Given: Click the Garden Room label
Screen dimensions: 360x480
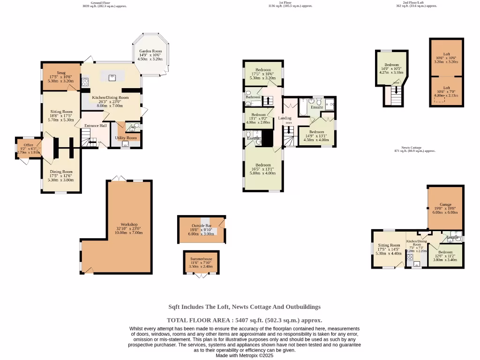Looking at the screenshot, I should (150, 51).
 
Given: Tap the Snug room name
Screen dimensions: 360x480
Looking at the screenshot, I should (61, 73).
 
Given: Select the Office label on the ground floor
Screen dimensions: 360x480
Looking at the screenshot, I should (29, 145).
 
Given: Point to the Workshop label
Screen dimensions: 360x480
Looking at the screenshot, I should (129, 225).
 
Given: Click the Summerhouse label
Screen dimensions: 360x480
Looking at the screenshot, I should (201, 259).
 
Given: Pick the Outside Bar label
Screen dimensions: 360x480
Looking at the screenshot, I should (202, 226).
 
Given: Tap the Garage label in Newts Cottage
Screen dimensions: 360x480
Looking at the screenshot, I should (445, 205).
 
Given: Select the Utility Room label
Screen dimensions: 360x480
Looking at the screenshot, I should (126, 138).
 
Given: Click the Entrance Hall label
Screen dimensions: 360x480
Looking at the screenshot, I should (95, 126).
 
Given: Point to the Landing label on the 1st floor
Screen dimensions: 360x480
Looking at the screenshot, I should (285, 118).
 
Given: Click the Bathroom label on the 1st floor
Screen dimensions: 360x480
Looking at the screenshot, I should (253, 97).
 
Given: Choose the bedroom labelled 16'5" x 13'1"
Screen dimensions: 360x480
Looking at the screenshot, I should (263, 165).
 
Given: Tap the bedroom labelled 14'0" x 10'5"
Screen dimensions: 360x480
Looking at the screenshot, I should (391, 65).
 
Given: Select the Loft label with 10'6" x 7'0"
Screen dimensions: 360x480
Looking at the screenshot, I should (447, 88).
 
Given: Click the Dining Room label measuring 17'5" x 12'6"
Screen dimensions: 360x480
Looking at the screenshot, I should (61, 172).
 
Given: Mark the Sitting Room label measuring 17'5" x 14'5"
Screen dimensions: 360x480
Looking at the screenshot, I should (389, 245).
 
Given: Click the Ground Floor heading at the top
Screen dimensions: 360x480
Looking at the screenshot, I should (101, 2).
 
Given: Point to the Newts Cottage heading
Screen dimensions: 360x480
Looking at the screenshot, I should (415, 147).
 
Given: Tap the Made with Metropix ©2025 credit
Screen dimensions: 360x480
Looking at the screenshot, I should (244, 355).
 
